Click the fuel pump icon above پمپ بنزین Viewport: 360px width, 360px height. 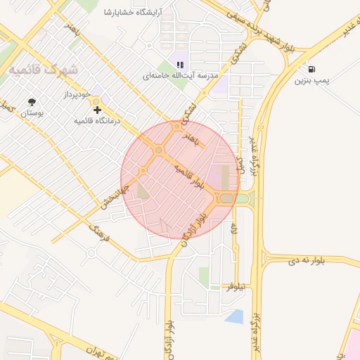point(311,70)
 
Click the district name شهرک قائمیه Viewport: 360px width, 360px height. point(44,71)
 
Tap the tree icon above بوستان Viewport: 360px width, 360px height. point(31,102)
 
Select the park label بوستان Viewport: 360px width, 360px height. point(31,112)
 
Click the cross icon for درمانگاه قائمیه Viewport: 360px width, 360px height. point(97,110)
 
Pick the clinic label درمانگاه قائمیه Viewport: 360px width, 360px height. point(98,121)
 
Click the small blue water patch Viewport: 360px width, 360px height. point(234,316)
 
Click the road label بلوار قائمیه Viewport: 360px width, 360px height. point(191,175)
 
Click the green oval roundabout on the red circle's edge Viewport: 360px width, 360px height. point(226,199)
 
